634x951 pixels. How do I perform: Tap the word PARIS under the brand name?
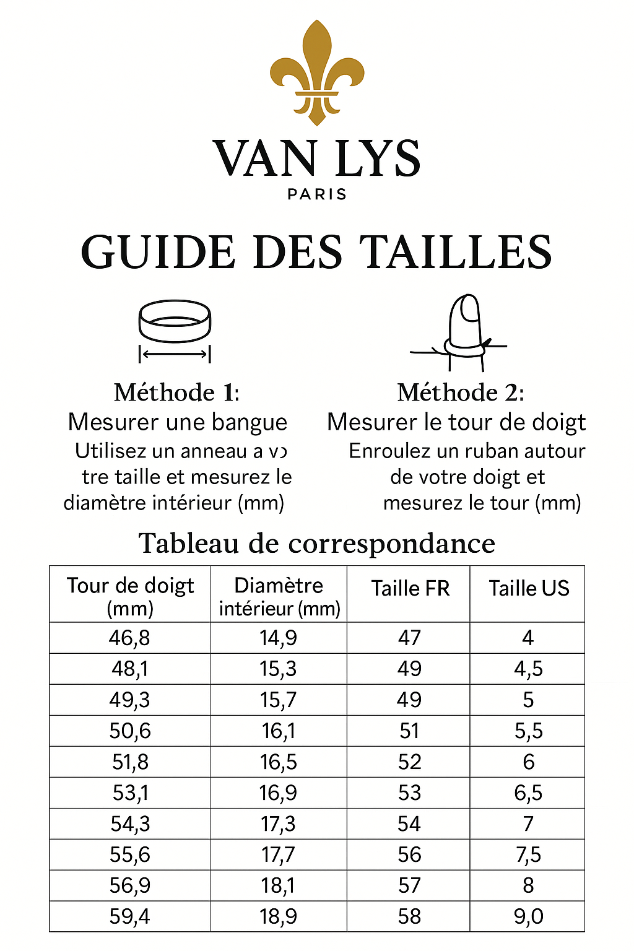pos(317,194)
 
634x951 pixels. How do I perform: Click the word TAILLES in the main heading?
pos(456,253)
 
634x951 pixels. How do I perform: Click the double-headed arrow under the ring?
pos(175,354)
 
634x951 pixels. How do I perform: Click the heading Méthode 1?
pos(176,393)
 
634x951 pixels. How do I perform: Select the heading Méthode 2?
pos(461,393)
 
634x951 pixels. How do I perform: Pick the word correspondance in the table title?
pos(392,544)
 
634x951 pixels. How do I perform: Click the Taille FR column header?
pos(410,588)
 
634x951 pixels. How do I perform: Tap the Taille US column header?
pos(529,588)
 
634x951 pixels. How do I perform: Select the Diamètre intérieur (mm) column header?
pos(279,596)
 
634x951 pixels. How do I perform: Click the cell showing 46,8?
pos(129,638)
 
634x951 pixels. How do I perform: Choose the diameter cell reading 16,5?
pos(279,762)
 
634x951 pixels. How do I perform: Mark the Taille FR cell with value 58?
pos(409,916)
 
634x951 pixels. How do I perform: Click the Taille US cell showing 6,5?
pos(528,792)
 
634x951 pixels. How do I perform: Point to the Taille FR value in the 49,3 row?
pos(409,700)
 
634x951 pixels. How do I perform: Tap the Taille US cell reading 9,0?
pos(528,916)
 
